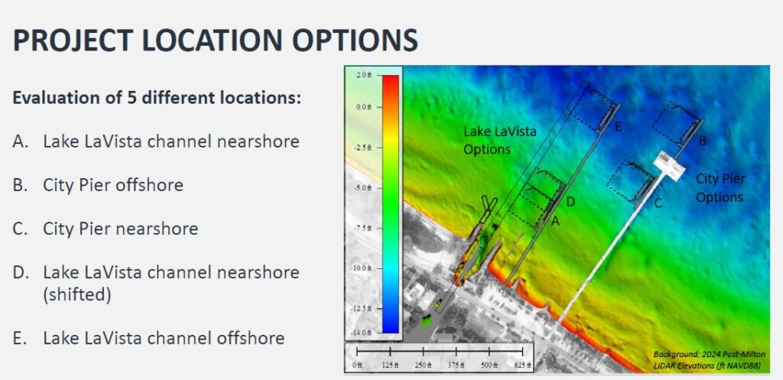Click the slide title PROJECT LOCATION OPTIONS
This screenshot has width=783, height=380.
(215, 41)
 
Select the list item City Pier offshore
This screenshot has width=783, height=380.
(113, 185)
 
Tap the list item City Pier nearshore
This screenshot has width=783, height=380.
(120, 229)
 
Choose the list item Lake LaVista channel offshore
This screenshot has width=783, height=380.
(164, 338)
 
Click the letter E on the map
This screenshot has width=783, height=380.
(618, 125)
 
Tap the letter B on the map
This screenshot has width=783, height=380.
(703, 141)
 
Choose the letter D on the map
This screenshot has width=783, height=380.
(570, 202)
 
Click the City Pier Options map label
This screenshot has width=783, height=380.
(720, 187)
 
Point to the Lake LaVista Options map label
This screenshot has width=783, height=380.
(500, 140)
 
